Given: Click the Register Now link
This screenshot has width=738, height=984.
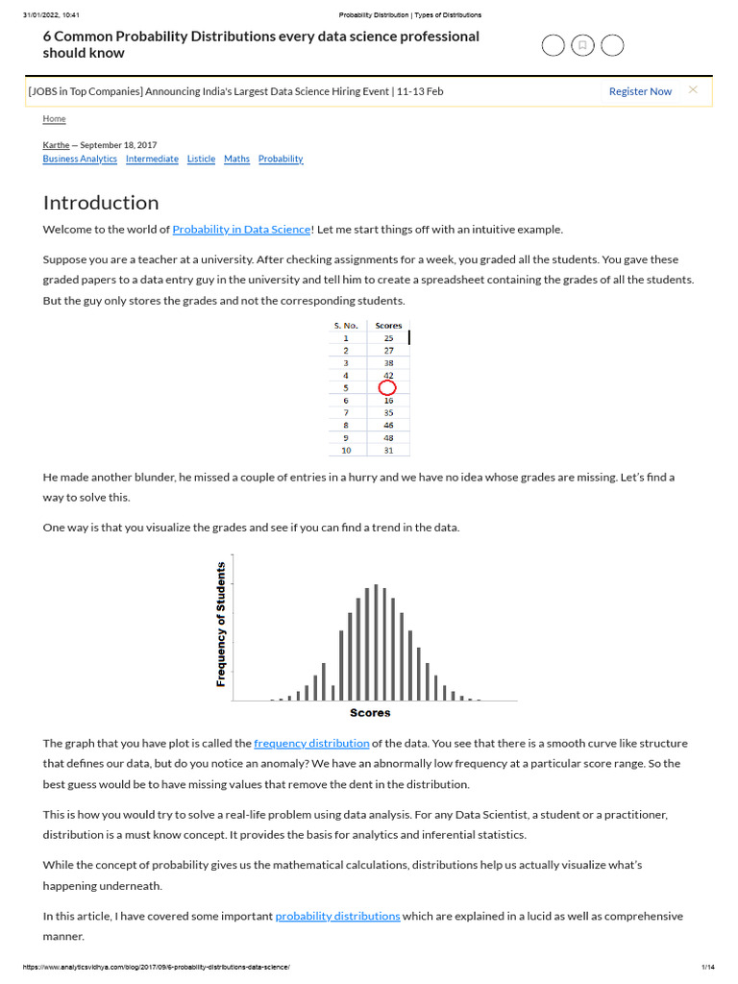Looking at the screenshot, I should (x=640, y=91).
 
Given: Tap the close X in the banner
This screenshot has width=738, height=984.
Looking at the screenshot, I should (x=693, y=90).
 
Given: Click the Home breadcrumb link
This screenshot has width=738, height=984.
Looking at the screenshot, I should (x=55, y=118).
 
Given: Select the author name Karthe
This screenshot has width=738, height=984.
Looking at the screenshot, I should (x=56, y=145).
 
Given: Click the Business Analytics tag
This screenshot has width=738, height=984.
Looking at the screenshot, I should (x=80, y=159).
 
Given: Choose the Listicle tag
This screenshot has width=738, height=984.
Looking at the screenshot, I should (x=201, y=159).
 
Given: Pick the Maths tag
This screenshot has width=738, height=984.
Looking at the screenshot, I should (x=236, y=159).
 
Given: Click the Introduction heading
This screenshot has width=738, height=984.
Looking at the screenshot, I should (x=101, y=203).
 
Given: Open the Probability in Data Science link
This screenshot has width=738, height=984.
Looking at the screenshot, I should (x=241, y=230).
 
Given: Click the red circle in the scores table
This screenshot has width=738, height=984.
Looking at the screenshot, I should (x=387, y=387).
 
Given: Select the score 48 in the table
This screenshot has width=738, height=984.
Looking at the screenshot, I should (x=388, y=437).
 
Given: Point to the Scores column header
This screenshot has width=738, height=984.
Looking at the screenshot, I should (x=388, y=326).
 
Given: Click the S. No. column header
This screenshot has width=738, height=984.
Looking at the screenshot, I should (x=346, y=326).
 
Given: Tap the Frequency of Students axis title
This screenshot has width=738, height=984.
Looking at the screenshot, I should (x=221, y=624).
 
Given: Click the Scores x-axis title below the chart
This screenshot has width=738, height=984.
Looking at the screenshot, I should (x=370, y=713).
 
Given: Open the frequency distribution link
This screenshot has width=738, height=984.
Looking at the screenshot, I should (x=311, y=744).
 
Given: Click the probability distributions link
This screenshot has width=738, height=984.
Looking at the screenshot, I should (x=337, y=917).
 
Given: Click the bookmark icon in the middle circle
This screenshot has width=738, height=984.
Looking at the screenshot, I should (x=581, y=45).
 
